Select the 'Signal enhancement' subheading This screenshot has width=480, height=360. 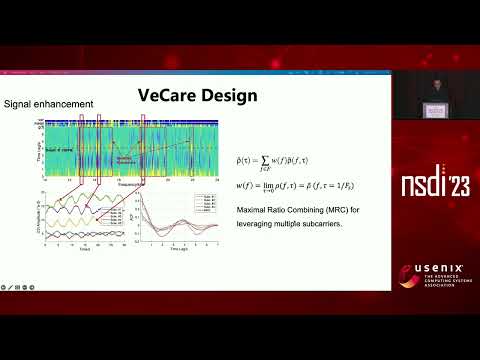click(50, 104)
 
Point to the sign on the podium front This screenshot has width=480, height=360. click(434, 111)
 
